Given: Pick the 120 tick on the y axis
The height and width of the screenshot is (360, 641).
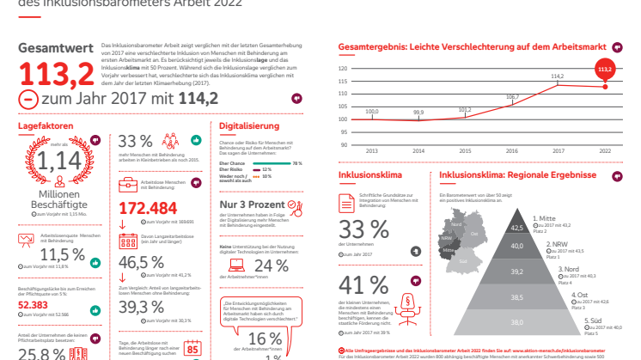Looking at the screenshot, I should (x=344, y=69).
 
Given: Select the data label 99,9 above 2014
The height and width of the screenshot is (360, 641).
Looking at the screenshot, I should (x=418, y=113).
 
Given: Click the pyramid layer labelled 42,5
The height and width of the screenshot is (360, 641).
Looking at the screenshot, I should (x=516, y=227).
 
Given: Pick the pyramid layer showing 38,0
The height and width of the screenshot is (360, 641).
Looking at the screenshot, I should (x=516, y=322).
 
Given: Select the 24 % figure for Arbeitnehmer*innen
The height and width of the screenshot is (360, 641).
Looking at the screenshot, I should (x=272, y=266).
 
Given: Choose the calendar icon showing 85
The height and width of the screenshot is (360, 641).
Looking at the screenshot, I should (x=193, y=349).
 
